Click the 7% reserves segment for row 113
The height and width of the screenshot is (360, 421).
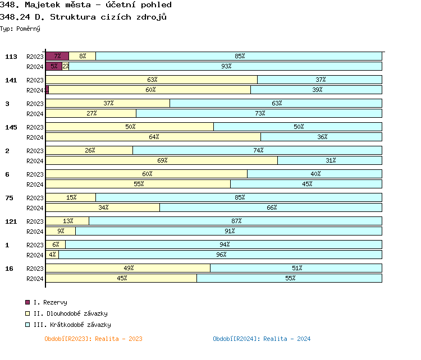click(x=57, y=56)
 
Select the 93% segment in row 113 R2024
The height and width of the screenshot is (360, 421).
click(x=226, y=66)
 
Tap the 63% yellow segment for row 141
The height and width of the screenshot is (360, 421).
click(x=152, y=80)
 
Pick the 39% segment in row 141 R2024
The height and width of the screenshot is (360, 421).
click(x=316, y=90)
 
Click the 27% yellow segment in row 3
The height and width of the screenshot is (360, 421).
click(x=91, y=113)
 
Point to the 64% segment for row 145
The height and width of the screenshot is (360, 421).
click(x=153, y=137)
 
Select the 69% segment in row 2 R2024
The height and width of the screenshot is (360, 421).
click(x=162, y=160)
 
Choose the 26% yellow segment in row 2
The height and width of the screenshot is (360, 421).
click(x=89, y=150)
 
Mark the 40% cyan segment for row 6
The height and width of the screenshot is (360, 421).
click(x=314, y=174)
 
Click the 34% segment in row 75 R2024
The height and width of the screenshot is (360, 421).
click(x=103, y=207)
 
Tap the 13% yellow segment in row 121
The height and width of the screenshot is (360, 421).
click(x=67, y=221)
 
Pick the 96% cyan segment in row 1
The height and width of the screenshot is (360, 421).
click(x=221, y=255)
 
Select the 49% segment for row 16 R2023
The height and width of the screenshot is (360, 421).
click(x=128, y=268)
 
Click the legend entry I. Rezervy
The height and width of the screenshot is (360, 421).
click(x=51, y=303)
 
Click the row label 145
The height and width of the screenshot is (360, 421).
click(x=11, y=127)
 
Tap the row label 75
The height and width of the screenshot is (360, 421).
click(x=9, y=198)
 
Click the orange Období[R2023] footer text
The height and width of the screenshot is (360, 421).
click(x=93, y=339)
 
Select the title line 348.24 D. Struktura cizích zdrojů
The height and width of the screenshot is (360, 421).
click(x=84, y=17)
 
